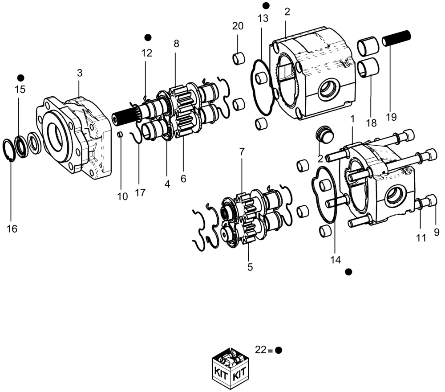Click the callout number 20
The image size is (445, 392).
click(x=238, y=26)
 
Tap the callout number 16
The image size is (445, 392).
click(x=12, y=229)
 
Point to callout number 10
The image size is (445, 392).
click(x=122, y=196)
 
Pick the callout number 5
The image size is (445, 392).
click(x=250, y=267)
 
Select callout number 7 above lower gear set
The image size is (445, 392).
click(x=242, y=151)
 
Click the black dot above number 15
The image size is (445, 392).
click(x=20, y=78)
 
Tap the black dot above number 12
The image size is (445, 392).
click(x=148, y=37)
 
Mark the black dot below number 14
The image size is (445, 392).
click(x=348, y=272)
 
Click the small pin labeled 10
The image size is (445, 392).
click(x=120, y=134)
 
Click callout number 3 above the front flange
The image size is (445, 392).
click(x=80, y=73)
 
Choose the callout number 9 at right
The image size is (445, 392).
click(x=437, y=232)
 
